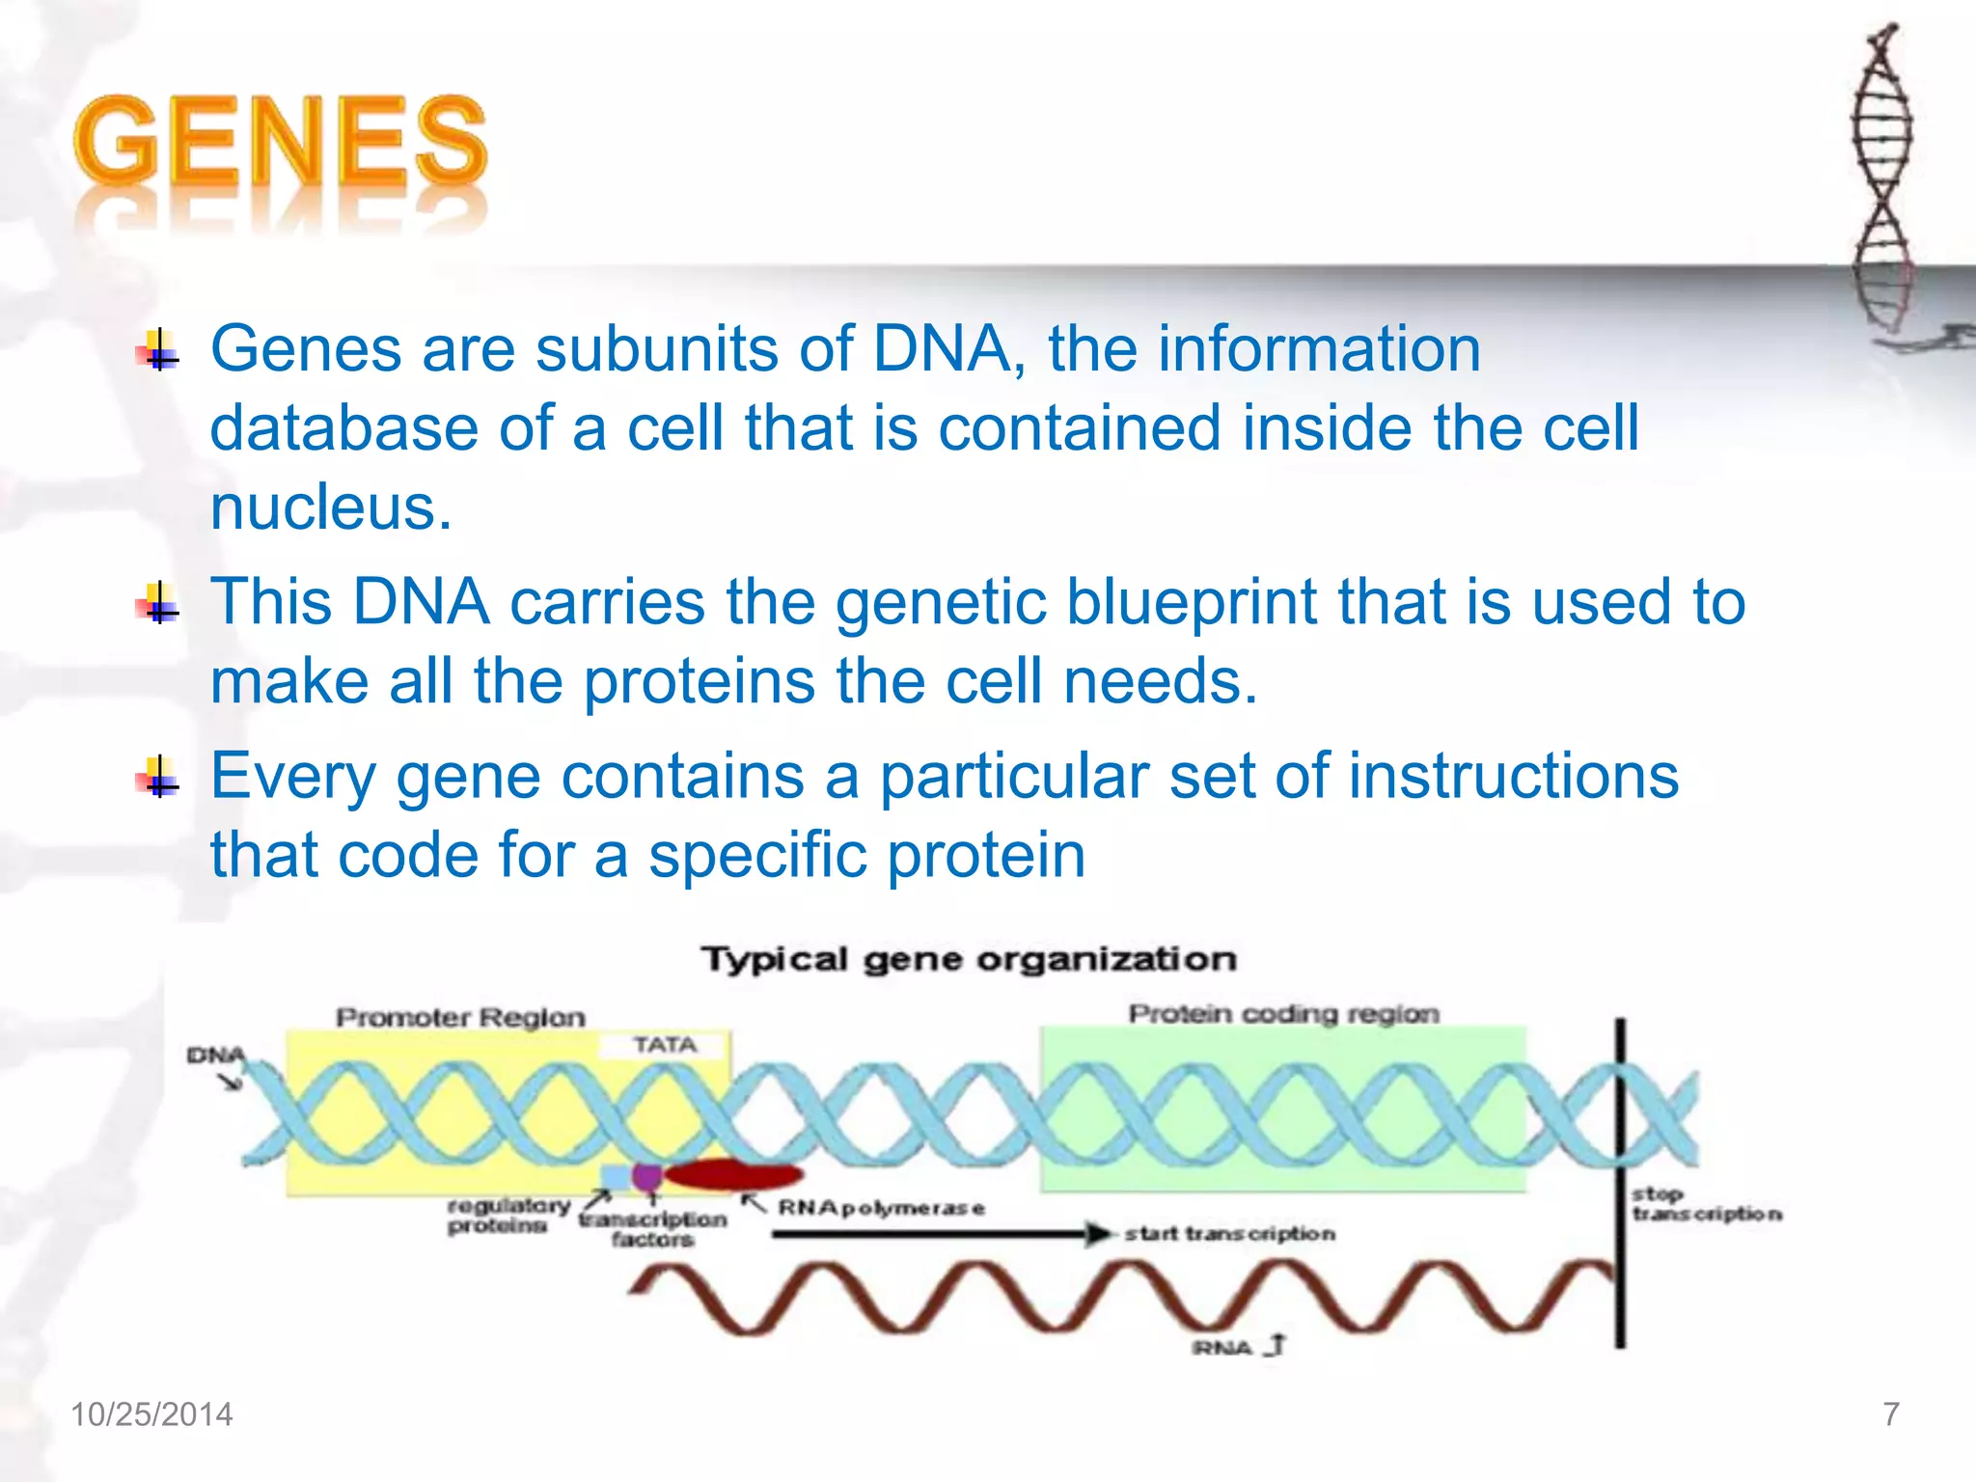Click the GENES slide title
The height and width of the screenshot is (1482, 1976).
pyautogui.click(x=280, y=143)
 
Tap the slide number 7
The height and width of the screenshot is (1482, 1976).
pyautogui.click(x=1891, y=1414)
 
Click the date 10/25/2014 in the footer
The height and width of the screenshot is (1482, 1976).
pyautogui.click(x=151, y=1414)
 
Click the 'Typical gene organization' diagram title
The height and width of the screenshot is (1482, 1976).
pyautogui.click(x=969, y=959)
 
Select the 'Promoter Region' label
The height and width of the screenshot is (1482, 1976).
pyautogui.click(x=460, y=1017)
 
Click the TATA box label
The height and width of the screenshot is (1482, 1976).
pyautogui.click(x=665, y=1045)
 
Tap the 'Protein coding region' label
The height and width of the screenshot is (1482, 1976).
pyautogui.click(x=1283, y=1014)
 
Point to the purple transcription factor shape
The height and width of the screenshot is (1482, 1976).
pyautogui.click(x=647, y=1176)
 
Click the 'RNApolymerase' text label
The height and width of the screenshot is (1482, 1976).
pyautogui.click(x=881, y=1208)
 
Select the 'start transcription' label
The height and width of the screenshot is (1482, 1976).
pyautogui.click(x=1229, y=1233)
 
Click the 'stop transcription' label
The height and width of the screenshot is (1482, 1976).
pyautogui.click(x=1704, y=1204)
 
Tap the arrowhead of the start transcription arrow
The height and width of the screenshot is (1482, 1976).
pyautogui.click(x=1098, y=1233)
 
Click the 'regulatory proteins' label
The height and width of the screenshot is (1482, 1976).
pyautogui.click(x=508, y=1216)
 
